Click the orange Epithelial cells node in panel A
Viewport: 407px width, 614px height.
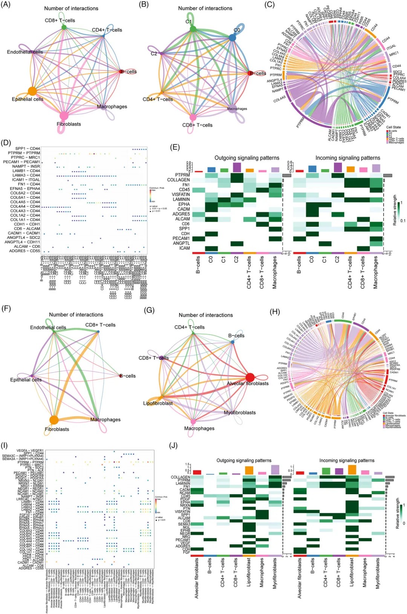click(x=32, y=91)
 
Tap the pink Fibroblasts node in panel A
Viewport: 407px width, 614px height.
click(x=64, y=115)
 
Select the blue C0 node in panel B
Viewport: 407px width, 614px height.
click(x=233, y=37)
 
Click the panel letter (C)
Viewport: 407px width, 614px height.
click(x=269, y=5)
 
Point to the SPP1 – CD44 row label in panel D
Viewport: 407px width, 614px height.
click(x=28, y=148)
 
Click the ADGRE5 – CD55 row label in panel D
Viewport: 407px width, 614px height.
click(x=24, y=251)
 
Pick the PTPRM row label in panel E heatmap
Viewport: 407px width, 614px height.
click(x=182, y=175)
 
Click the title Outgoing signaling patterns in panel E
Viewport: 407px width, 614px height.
click(x=247, y=158)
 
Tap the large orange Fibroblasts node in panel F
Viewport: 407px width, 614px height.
click(x=54, y=420)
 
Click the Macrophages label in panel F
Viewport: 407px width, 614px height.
click(x=105, y=419)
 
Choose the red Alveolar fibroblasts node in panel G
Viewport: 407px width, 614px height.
click(x=250, y=378)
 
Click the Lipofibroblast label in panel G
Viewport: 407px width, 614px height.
click(x=158, y=403)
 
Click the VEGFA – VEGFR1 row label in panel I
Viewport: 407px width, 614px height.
click(x=30, y=450)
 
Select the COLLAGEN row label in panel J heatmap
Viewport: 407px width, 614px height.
click(x=180, y=477)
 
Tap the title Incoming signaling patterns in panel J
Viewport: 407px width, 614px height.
click(x=347, y=460)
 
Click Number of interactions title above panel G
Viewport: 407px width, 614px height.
click(x=206, y=315)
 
